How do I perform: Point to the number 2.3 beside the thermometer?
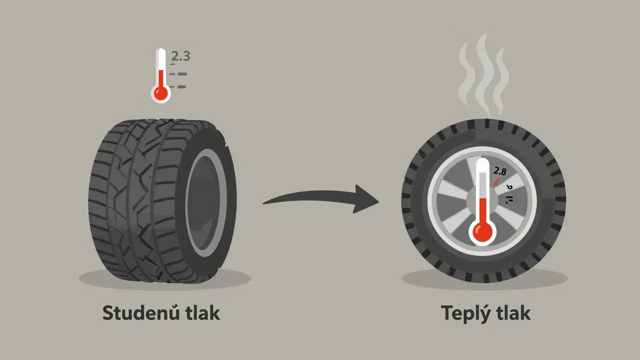pos(180,56)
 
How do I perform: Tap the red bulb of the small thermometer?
pos(160,93)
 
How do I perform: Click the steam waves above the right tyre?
pos(482,75)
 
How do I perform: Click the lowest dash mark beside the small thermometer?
pos(178,87)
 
